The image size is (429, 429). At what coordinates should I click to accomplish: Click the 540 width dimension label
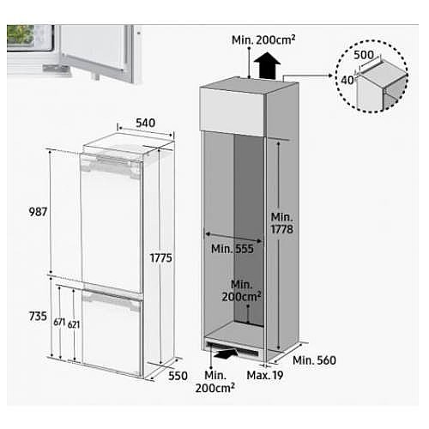coord(145,123)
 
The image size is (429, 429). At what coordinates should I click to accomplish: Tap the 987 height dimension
coord(38,212)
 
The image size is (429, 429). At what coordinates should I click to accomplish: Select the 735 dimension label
coord(38,317)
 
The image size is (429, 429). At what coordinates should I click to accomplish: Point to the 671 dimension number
coord(59,323)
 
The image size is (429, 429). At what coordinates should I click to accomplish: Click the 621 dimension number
coord(74,324)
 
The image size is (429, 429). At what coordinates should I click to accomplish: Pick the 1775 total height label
coord(161,258)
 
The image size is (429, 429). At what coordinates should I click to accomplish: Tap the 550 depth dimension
coord(178,376)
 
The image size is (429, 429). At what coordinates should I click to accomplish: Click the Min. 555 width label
coord(233,249)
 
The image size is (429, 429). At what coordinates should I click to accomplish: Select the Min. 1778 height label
coord(282,223)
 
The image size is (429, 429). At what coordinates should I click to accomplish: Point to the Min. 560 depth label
coord(314,360)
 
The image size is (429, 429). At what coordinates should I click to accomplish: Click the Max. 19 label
coord(265,375)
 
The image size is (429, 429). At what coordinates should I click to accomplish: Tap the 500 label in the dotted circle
coord(364,55)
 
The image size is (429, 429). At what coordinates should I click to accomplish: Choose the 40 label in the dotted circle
coord(347,81)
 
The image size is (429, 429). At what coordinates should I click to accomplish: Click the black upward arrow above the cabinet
coord(267,65)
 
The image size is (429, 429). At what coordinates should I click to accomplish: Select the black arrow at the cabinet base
coord(226,353)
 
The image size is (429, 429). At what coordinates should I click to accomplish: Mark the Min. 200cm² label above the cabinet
coord(263,40)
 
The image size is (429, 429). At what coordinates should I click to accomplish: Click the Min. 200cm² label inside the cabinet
coord(242,291)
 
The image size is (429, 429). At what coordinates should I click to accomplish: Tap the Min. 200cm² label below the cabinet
coord(215,382)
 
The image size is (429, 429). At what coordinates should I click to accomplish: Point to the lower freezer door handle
coord(112,299)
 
